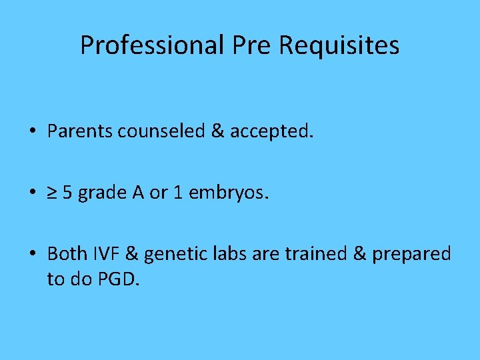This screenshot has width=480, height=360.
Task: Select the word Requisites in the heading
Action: [339, 45]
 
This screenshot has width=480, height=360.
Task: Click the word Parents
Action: [80, 131]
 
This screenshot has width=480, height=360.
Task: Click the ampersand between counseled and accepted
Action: [217, 131]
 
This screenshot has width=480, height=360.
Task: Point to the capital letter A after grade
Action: [138, 193]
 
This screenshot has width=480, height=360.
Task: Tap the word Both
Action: [67, 254]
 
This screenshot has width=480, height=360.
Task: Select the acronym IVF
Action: [106, 254]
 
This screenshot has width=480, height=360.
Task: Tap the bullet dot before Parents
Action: [32, 132]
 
